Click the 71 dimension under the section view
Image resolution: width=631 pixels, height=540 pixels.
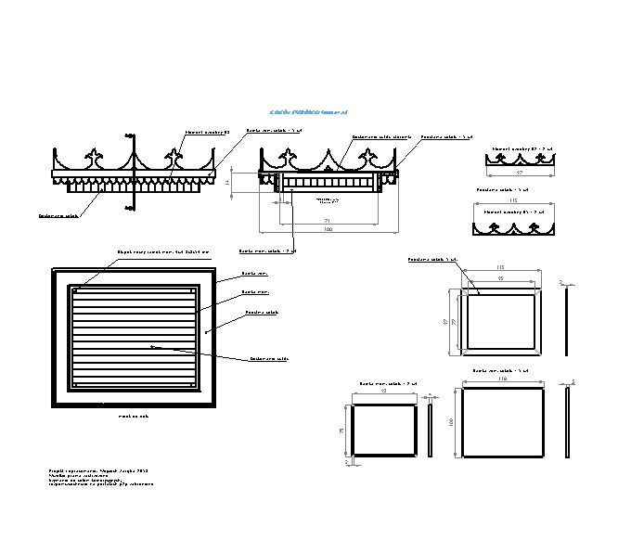point(327,220)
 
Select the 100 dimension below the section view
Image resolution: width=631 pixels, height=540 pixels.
point(328,229)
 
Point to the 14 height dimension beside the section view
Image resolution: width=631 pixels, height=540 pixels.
point(227,182)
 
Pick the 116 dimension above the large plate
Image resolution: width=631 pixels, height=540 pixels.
point(503,379)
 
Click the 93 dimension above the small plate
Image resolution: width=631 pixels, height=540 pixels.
point(384,391)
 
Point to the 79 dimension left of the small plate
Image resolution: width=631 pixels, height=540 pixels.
point(342,431)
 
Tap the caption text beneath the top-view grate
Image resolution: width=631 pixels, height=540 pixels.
point(133,417)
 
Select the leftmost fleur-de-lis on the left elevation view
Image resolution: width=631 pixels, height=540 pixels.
point(93,154)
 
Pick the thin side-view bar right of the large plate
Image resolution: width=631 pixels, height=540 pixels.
point(567,422)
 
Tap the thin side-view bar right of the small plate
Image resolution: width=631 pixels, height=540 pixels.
point(430,431)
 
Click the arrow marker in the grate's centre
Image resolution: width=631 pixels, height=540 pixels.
point(155,347)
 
